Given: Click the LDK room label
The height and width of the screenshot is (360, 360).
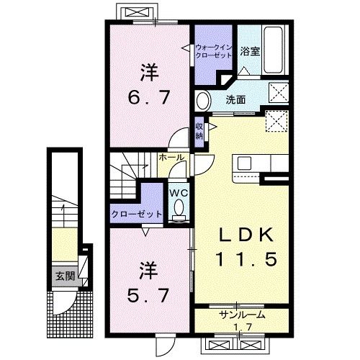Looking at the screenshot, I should [241, 235].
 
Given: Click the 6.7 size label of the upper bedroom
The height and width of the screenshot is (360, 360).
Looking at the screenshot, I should [149, 96].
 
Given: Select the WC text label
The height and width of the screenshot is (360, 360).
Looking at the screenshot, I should [178, 192].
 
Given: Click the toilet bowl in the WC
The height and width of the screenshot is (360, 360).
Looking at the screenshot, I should [179, 208].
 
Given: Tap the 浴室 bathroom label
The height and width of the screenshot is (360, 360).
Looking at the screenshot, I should [250, 53].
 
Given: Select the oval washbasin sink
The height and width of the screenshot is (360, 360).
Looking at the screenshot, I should [203, 99].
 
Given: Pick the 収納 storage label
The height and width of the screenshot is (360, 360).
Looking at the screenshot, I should [199, 131].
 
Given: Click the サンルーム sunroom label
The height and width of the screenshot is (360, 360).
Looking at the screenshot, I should [242, 315].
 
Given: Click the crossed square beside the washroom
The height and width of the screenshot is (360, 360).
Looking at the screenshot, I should [277, 91].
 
